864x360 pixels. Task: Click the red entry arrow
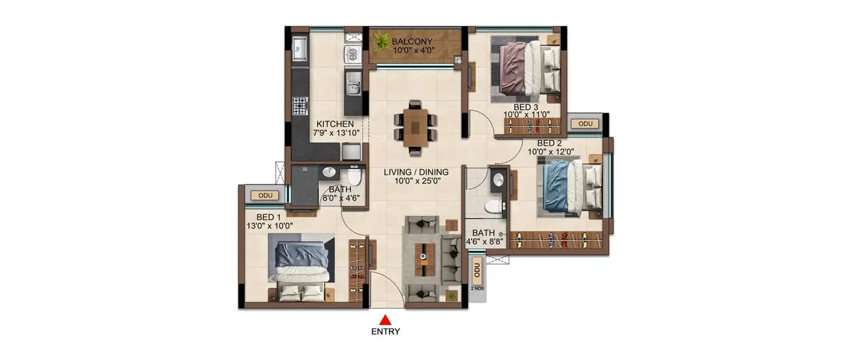tap(385, 320)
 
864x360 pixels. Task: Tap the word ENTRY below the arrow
tap(385, 331)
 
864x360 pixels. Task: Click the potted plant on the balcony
tap(381, 41)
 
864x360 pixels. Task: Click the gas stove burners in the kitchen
tap(300, 105)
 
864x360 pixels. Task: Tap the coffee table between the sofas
tap(425, 259)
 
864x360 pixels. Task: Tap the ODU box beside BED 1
tap(265, 195)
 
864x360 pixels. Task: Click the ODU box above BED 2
tap(585, 124)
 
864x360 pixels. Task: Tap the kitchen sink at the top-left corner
tap(300, 48)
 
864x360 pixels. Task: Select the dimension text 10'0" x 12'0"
tap(551, 153)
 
